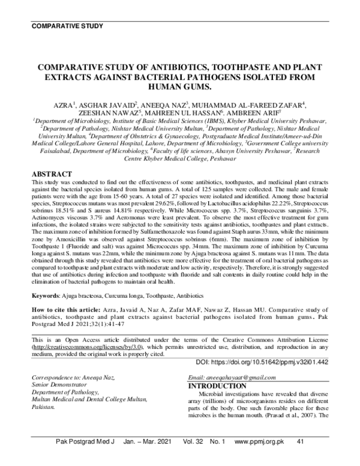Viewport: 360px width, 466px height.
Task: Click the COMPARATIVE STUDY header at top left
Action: [x=67, y=26]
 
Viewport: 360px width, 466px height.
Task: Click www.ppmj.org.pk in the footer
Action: [x=259, y=458]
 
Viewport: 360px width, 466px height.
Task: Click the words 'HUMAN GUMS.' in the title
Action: [x=179, y=86]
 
